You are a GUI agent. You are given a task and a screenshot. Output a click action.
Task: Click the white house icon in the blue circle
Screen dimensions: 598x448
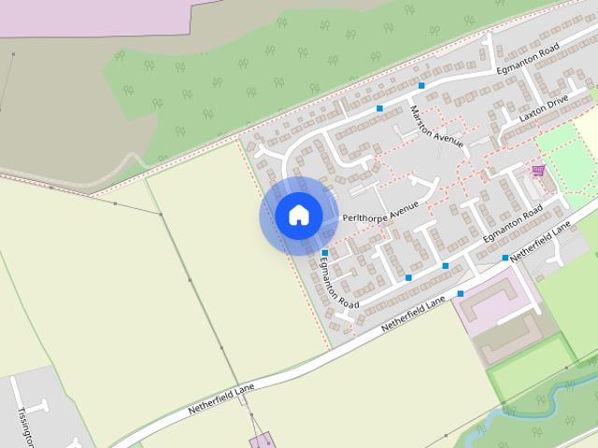click(x=298, y=215)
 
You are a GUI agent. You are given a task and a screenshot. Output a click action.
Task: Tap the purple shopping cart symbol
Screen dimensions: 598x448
click(x=538, y=170)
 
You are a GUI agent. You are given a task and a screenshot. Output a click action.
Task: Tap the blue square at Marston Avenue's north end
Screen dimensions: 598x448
click(x=422, y=86)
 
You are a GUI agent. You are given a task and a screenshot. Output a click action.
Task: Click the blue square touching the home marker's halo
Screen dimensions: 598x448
click(x=324, y=253)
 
